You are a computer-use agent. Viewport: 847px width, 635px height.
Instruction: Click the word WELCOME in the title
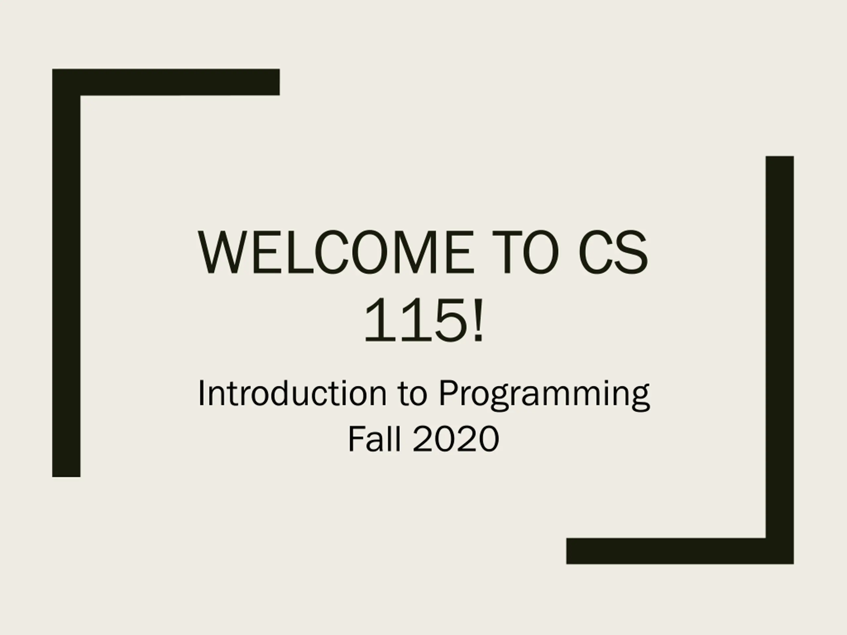(334, 252)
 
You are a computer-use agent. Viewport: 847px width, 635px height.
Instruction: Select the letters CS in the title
(613, 252)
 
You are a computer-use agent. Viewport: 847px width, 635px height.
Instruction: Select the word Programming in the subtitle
(544, 396)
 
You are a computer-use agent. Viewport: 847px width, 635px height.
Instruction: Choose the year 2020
(456, 440)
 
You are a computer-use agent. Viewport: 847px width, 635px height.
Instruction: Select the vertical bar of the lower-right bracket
(780, 360)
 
